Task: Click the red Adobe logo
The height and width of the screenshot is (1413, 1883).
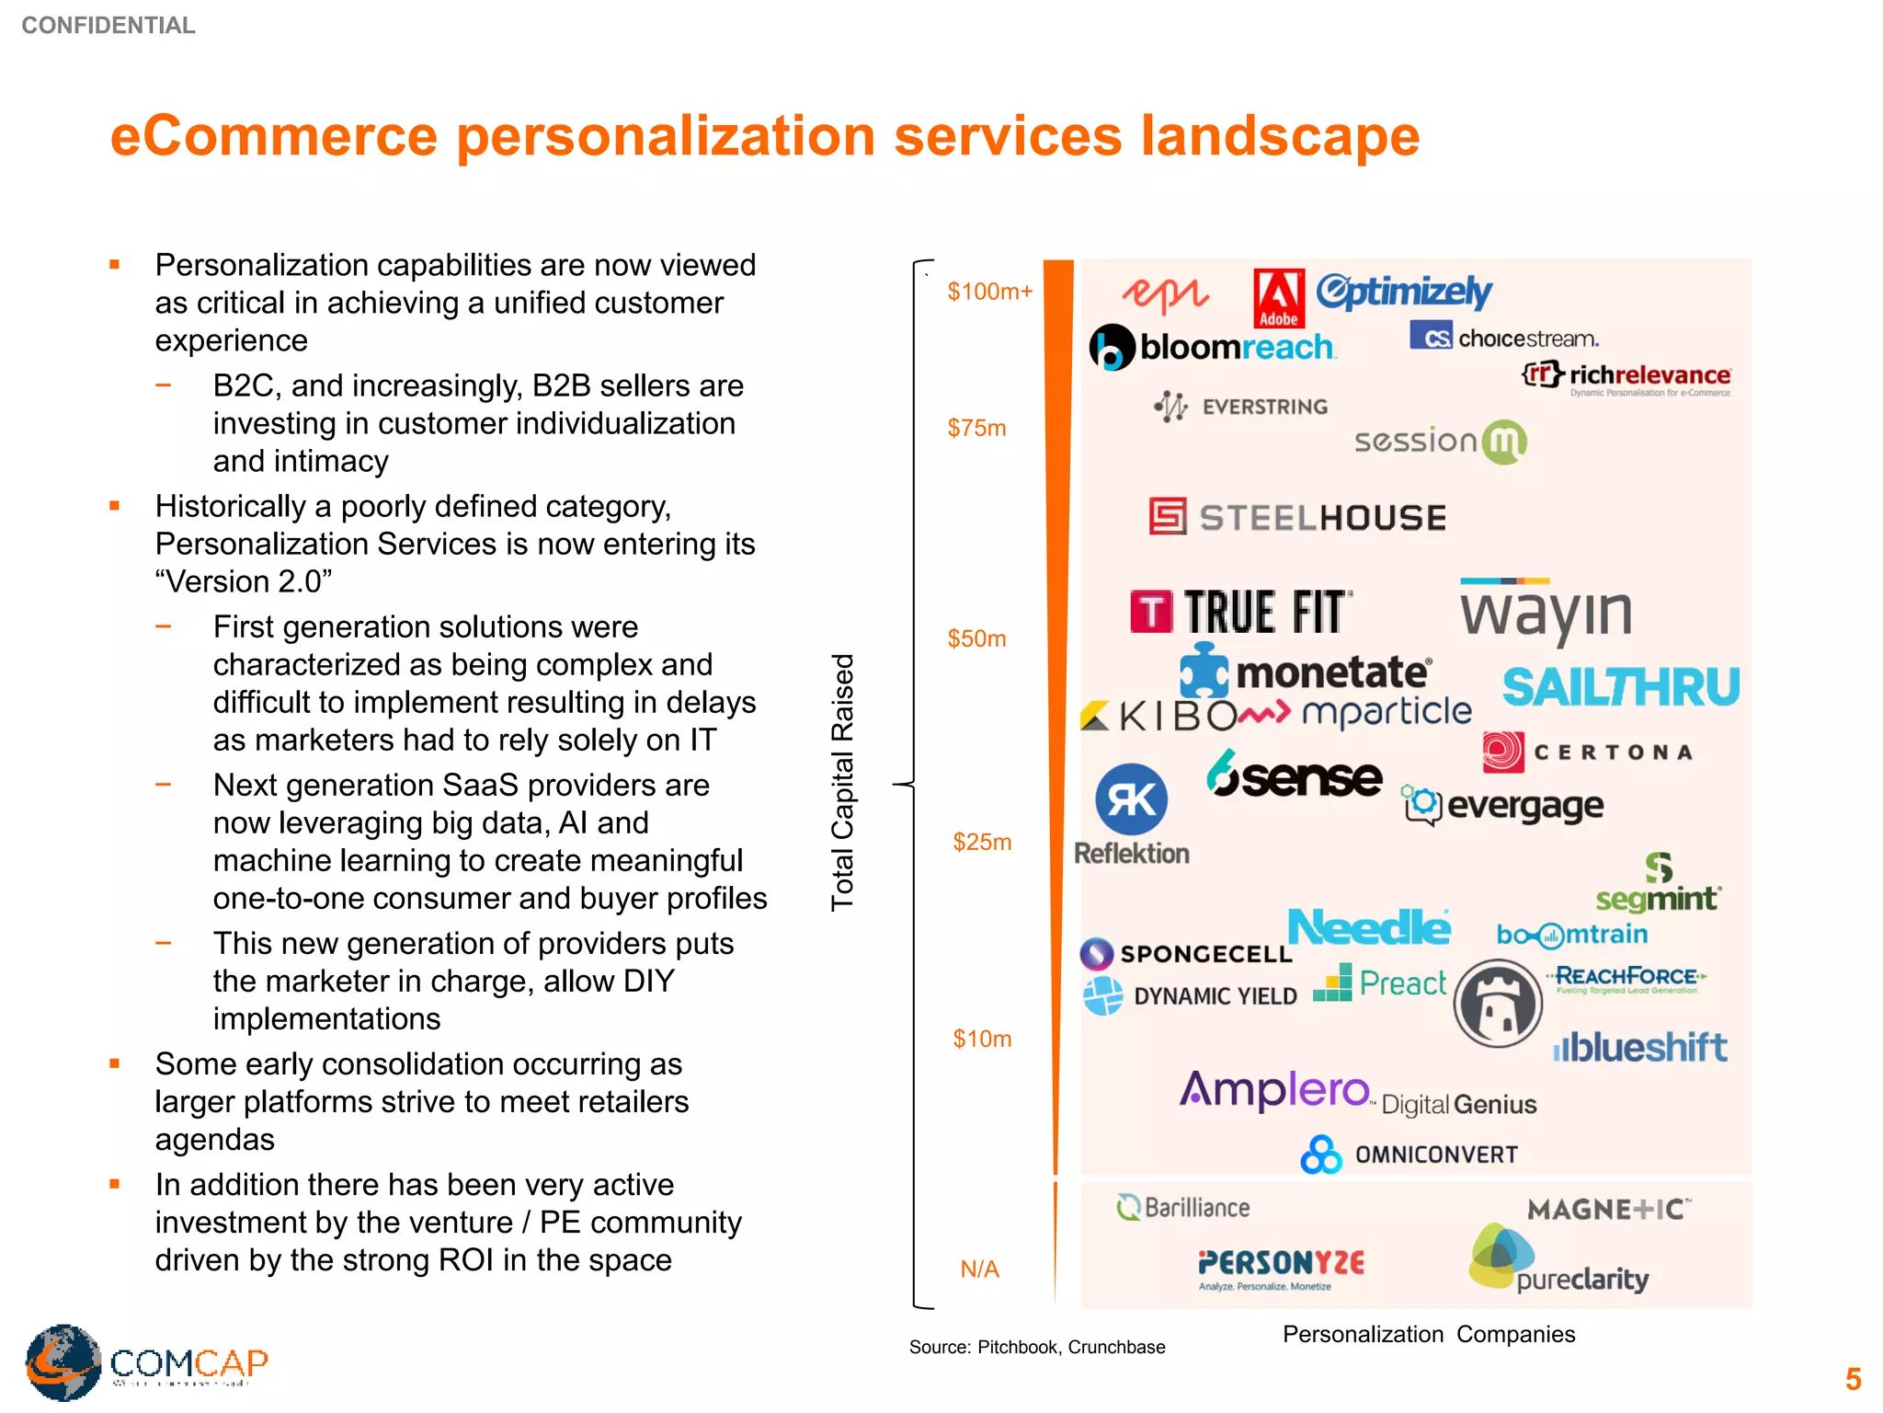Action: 1279,298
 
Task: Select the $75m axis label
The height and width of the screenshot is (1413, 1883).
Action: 976,428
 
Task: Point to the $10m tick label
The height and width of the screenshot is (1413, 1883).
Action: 981,1039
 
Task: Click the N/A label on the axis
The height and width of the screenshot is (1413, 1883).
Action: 979,1269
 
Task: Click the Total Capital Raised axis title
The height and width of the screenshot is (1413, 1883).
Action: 842,782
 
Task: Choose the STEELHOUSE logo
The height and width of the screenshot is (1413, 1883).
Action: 1297,517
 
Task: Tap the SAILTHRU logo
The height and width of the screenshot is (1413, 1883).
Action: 1620,687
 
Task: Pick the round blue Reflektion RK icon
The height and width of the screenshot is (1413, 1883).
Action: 1131,798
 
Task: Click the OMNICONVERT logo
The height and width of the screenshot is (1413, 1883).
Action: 1409,1155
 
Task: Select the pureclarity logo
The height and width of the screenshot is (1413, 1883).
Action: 1558,1260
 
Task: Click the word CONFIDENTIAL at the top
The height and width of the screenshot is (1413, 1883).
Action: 108,26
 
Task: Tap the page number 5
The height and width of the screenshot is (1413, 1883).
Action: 1853,1379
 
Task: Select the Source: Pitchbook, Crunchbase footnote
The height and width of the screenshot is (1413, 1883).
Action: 1037,1347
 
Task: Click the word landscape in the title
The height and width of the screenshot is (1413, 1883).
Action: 1280,136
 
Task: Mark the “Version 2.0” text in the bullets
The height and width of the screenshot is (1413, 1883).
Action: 244,581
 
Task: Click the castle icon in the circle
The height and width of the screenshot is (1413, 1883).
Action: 1498,1004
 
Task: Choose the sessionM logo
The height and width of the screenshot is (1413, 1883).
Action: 1440,442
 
